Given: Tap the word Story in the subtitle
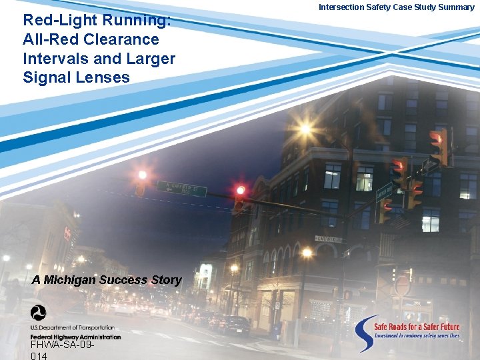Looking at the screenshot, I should click(x=166, y=280).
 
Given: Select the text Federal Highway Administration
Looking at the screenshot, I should click(x=75, y=337).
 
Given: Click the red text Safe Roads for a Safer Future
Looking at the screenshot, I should click(x=416, y=327).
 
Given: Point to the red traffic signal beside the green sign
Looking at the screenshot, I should click(x=239, y=198).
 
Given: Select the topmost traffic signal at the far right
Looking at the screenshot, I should click(x=438, y=146).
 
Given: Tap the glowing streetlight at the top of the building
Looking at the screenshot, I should click(x=305, y=128).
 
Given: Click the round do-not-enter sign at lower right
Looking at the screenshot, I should click(x=402, y=285).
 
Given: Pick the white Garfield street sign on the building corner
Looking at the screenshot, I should click(x=328, y=239).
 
